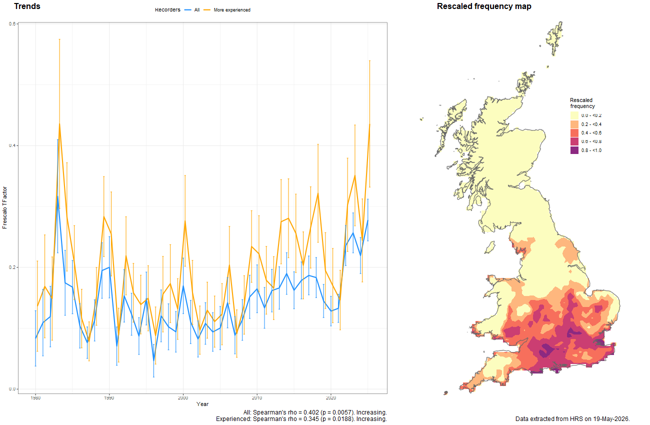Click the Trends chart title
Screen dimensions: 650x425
[27, 6]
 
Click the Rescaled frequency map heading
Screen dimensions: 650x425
[484, 6]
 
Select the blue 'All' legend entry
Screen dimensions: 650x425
[192, 10]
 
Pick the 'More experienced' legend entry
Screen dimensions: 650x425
[227, 10]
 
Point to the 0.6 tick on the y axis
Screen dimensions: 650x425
[12, 24]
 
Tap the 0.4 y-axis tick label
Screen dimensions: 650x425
[12, 145]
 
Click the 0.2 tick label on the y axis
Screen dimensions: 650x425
[12, 267]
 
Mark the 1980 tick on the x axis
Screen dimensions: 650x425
[35, 397]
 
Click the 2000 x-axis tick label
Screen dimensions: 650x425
[183, 397]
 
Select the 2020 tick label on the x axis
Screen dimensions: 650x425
[331, 397]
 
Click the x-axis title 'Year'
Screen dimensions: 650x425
[202, 404]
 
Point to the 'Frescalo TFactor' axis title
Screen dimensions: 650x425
[4, 207]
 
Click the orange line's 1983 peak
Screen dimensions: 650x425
[59, 124]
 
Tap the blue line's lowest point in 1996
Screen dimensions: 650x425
[154, 361]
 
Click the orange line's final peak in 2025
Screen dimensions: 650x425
[369, 124]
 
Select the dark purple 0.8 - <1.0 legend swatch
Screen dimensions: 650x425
[574, 150]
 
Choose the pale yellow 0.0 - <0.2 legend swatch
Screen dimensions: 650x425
[574, 115]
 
